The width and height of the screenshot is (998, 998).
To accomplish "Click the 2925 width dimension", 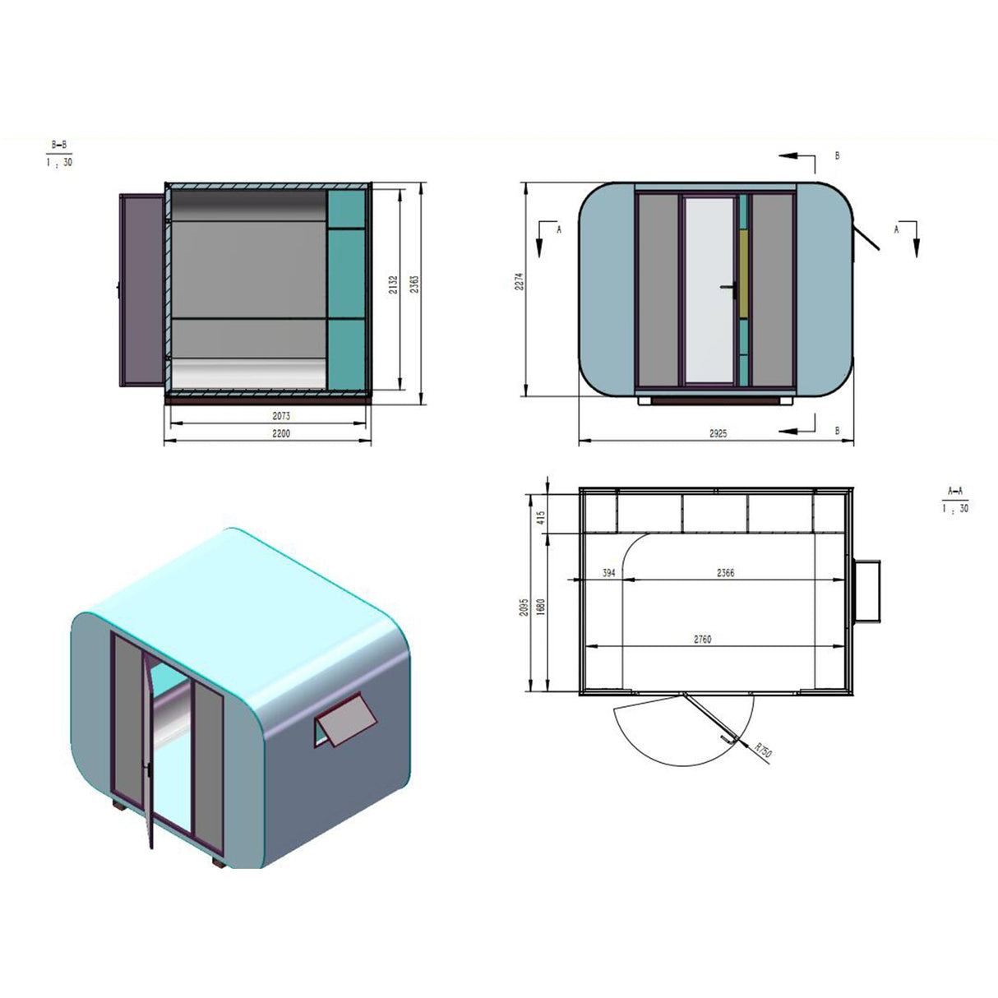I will click(717, 433).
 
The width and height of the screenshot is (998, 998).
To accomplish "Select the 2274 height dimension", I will click(519, 282).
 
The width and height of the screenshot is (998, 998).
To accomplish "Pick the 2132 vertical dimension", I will click(394, 284).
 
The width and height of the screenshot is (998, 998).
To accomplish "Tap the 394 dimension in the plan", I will click(608, 573).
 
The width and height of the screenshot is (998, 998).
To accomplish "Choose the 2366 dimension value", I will click(724, 573).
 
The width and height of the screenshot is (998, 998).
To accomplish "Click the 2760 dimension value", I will click(701, 638).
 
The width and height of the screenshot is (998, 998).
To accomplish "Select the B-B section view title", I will click(59, 145).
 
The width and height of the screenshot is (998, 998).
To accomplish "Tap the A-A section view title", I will click(955, 491).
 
